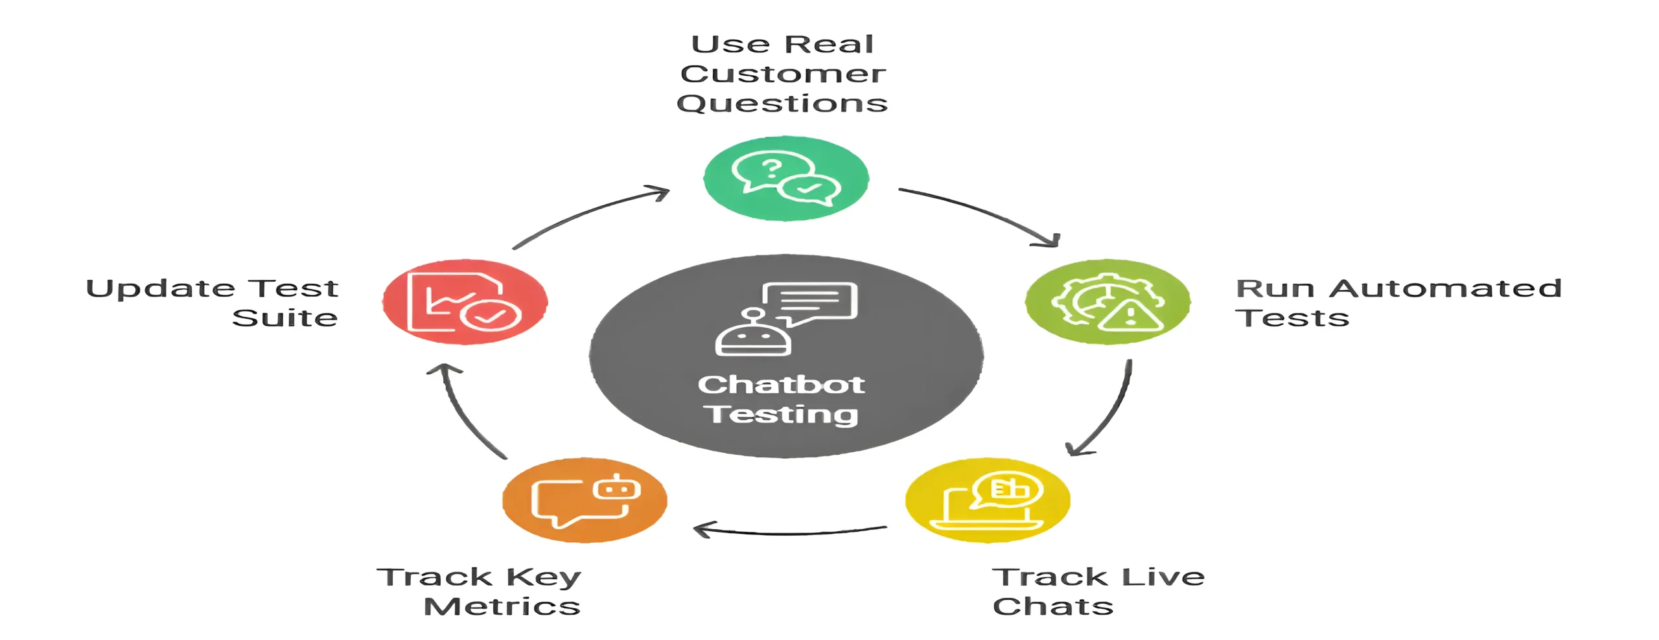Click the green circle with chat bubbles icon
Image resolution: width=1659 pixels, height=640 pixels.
[x=785, y=178]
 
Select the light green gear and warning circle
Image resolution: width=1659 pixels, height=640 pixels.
[x=1107, y=302]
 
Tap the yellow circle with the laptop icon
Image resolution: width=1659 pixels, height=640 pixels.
[x=987, y=499]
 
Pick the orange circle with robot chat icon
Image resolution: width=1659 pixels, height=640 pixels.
[x=585, y=499]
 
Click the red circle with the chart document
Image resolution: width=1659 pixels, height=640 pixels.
[x=465, y=302]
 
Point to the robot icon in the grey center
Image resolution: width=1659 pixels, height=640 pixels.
[x=753, y=334]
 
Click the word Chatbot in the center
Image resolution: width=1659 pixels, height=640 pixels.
[x=781, y=385]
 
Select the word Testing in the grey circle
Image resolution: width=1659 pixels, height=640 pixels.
[x=781, y=415]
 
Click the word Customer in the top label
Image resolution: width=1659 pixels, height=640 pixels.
[x=783, y=74]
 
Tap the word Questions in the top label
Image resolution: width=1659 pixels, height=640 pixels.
[x=782, y=104]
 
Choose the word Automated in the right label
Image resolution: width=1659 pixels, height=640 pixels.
[x=1445, y=288]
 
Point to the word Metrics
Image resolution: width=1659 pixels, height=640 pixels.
[x=502, y=606]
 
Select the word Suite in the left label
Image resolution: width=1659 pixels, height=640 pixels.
[x=284, y=318]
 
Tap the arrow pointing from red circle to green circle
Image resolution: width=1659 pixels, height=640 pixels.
[x=590, y=214]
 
